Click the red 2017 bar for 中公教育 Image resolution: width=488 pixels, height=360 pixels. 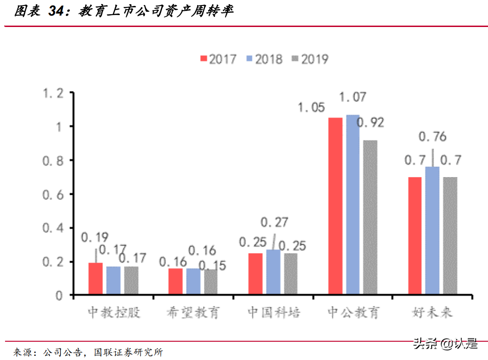pos(335,206)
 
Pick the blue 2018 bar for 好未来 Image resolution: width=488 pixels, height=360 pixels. pos(432,231)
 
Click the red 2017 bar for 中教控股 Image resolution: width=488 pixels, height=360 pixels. pos(96,279)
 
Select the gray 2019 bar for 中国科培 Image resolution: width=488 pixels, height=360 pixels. pos(290,274)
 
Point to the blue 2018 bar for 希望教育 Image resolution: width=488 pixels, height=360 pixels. pos(193,282)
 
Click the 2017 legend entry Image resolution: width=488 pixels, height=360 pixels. pos(218,59)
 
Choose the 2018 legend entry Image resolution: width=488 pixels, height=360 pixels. pos(264,59)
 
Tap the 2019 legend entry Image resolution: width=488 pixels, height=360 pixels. pos(310,59)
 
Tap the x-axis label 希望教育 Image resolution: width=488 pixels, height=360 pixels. pos(193,312)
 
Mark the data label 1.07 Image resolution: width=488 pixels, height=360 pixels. pos(353,97)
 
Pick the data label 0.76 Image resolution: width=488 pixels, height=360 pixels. pos(432,137)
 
